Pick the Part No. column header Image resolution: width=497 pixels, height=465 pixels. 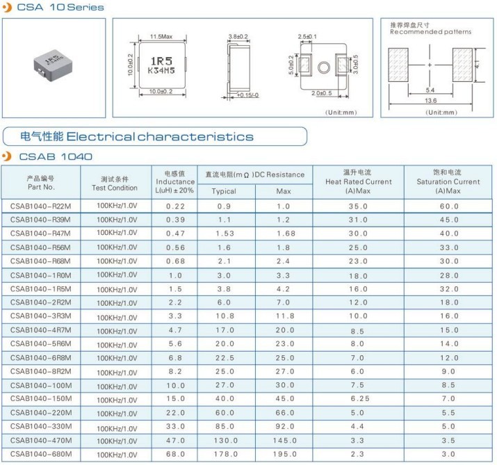click(41, 183)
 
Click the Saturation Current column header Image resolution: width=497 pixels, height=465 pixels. click(448, 181)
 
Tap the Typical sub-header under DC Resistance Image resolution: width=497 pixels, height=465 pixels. click(224, 190)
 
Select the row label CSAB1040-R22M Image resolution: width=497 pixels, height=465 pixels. click(41, 206)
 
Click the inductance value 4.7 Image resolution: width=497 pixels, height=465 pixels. click(175, 330)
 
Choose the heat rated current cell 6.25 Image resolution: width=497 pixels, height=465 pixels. click(357, 399)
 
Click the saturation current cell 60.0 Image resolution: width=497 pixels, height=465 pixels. click(448, 206)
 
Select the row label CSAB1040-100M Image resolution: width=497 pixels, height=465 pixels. click(41, 385)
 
